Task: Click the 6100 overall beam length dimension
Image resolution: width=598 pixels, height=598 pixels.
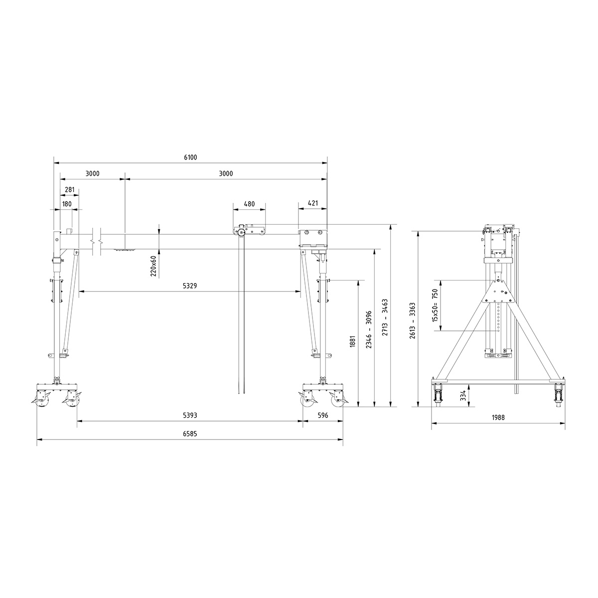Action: click(190, 157)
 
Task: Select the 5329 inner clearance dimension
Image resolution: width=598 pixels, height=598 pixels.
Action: click(190, 286)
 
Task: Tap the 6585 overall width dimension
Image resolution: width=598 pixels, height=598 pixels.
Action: click(190, 434)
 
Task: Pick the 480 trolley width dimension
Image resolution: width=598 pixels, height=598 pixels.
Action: click(249, 204)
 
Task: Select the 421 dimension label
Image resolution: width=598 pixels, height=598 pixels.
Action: click(313, 204)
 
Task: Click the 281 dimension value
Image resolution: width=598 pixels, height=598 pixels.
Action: click(70, 190)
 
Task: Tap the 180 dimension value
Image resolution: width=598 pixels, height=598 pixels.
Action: click(66, 204)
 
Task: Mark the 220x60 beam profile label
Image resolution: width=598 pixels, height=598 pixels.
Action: click(153, 265)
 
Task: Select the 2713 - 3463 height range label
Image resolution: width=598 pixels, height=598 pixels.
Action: click(385, 317)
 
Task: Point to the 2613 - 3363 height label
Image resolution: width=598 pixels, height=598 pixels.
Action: click(412, 321)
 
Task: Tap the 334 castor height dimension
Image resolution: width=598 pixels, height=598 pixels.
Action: click(463, 396)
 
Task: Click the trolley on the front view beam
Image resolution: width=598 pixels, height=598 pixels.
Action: click(249, 231)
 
